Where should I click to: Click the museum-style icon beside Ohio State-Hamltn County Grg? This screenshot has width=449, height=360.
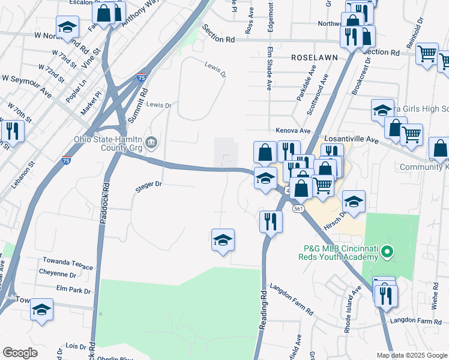click(x=152, y=143)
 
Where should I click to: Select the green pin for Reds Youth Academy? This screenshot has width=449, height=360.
click(x=388, y=252)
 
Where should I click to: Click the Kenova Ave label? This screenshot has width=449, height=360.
click(x=293, y=130)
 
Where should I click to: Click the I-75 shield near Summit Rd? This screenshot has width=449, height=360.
click(x=141, y=76)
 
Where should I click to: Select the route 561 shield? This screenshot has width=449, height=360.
click(x=298, y=209)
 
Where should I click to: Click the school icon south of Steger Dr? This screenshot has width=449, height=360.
click(x=223, y=240)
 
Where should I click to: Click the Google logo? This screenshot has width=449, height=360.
click(x=20, y=353)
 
